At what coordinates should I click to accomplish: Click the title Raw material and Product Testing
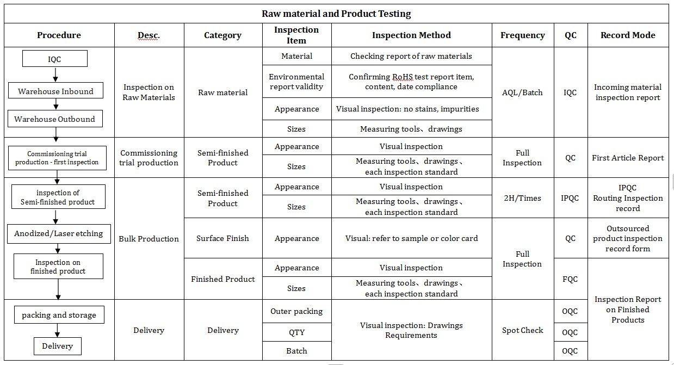(336, 14)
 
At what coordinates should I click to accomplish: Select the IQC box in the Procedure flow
(55, 59)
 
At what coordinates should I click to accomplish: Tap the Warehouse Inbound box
(55, 91)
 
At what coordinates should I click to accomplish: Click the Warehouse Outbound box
(54, 119)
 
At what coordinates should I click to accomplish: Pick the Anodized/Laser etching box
(59, 233)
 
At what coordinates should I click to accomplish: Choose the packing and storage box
(59, 315)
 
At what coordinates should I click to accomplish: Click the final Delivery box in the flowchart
(57, 346)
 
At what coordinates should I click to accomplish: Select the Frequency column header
(522, 35)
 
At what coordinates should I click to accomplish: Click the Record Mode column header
(628, 35)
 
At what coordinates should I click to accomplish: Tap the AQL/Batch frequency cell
(522, 92)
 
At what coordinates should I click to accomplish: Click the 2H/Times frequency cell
(522, 198)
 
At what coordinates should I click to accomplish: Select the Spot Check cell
(522, 330)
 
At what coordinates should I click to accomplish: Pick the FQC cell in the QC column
(570, 279)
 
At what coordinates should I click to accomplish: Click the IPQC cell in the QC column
(570, 198)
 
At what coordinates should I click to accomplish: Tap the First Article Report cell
(628, 158)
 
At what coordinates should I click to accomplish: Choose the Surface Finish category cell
(222, 238)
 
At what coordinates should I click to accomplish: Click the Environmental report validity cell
(296, 82)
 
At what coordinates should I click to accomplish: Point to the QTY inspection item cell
(296, 332)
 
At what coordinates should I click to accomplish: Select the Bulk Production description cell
(149, 239)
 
